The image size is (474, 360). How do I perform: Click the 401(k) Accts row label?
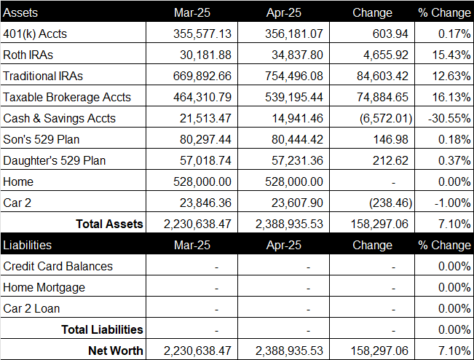point(35,34)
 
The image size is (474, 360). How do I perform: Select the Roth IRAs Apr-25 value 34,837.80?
point(297,55)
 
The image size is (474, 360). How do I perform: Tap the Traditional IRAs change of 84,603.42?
point(382,77)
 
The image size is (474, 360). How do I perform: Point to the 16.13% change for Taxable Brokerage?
point(451,98)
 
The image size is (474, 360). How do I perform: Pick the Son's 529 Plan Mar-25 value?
point(205,140)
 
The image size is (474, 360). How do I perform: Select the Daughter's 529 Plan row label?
point(55,160)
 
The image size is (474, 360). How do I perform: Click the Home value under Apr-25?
point(294,181)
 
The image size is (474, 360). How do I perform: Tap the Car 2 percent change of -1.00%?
point(452,203)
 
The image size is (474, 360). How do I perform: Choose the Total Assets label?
point(109,224)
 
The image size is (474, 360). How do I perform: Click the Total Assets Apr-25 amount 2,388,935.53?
point(289,224)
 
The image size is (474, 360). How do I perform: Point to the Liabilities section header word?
point(27,245)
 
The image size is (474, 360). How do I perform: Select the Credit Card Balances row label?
point(58,266)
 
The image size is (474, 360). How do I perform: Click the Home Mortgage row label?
point(44,288)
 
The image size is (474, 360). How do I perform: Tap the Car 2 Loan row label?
point(31,308)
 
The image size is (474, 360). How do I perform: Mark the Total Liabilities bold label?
point(102,329)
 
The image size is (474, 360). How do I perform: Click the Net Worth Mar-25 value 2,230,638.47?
point(197,351)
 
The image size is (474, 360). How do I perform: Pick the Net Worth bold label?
point(116,351)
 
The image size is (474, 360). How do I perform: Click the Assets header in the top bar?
point(20,12)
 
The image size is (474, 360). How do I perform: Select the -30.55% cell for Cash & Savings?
point(449,118)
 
